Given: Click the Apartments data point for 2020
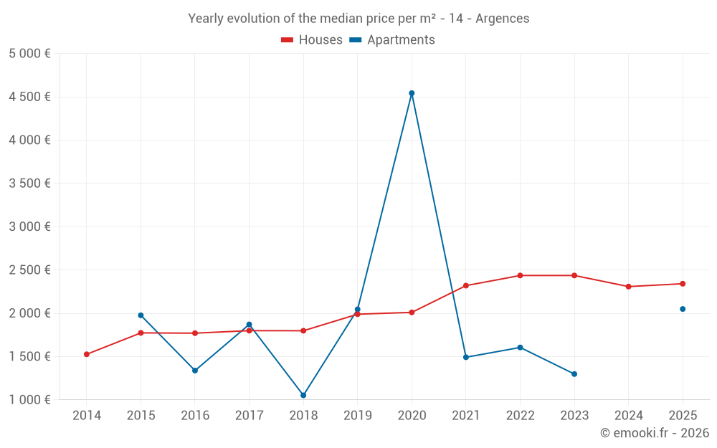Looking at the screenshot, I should (x=412, y=93).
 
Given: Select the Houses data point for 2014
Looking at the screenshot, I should (x=87, y=354).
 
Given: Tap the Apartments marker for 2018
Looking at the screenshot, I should (x=303, y=395).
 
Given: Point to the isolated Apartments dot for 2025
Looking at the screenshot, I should (x=683, y=309).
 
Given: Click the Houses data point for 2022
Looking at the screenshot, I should (x=520, y=275).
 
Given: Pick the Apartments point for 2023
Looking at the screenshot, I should (x=574, y=374).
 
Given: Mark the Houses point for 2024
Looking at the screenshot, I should (x=629, y=287).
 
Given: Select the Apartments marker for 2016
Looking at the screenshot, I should (x=195, y=371).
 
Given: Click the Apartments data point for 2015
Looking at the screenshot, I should (x=141, y=315).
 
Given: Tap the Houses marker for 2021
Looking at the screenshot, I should (x=466, y=285).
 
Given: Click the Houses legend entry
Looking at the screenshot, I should (x=312, y=40).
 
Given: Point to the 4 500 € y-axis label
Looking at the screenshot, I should (x=29, y=97).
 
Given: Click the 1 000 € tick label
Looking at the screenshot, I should (x=29, y=400).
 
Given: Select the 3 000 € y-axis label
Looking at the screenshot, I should (x=29, y=227).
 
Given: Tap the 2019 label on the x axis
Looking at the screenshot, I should (x=358, y=416).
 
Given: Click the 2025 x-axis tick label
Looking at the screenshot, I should (x=683, y=416).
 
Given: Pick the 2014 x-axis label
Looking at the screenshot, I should (x=87, y=416).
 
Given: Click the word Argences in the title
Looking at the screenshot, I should (x=504, y=19).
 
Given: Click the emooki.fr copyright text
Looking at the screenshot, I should (x=655, y=433).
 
